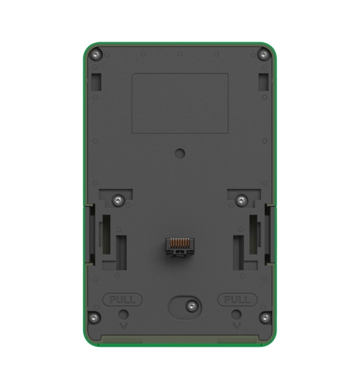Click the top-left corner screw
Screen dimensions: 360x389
click(96, 55)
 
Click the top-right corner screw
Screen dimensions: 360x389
click(264, 55)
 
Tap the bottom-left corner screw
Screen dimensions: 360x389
click(94, 318)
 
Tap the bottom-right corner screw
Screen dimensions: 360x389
click(265, 318)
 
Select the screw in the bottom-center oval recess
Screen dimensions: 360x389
click(192, 306)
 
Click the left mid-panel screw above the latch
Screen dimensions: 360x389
click(119, 200)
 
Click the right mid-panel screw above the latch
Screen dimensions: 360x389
click(241, 200)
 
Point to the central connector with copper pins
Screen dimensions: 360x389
click(180, 247)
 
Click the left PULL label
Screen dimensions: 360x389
click(122, 299)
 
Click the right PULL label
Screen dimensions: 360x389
click(237, 299)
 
